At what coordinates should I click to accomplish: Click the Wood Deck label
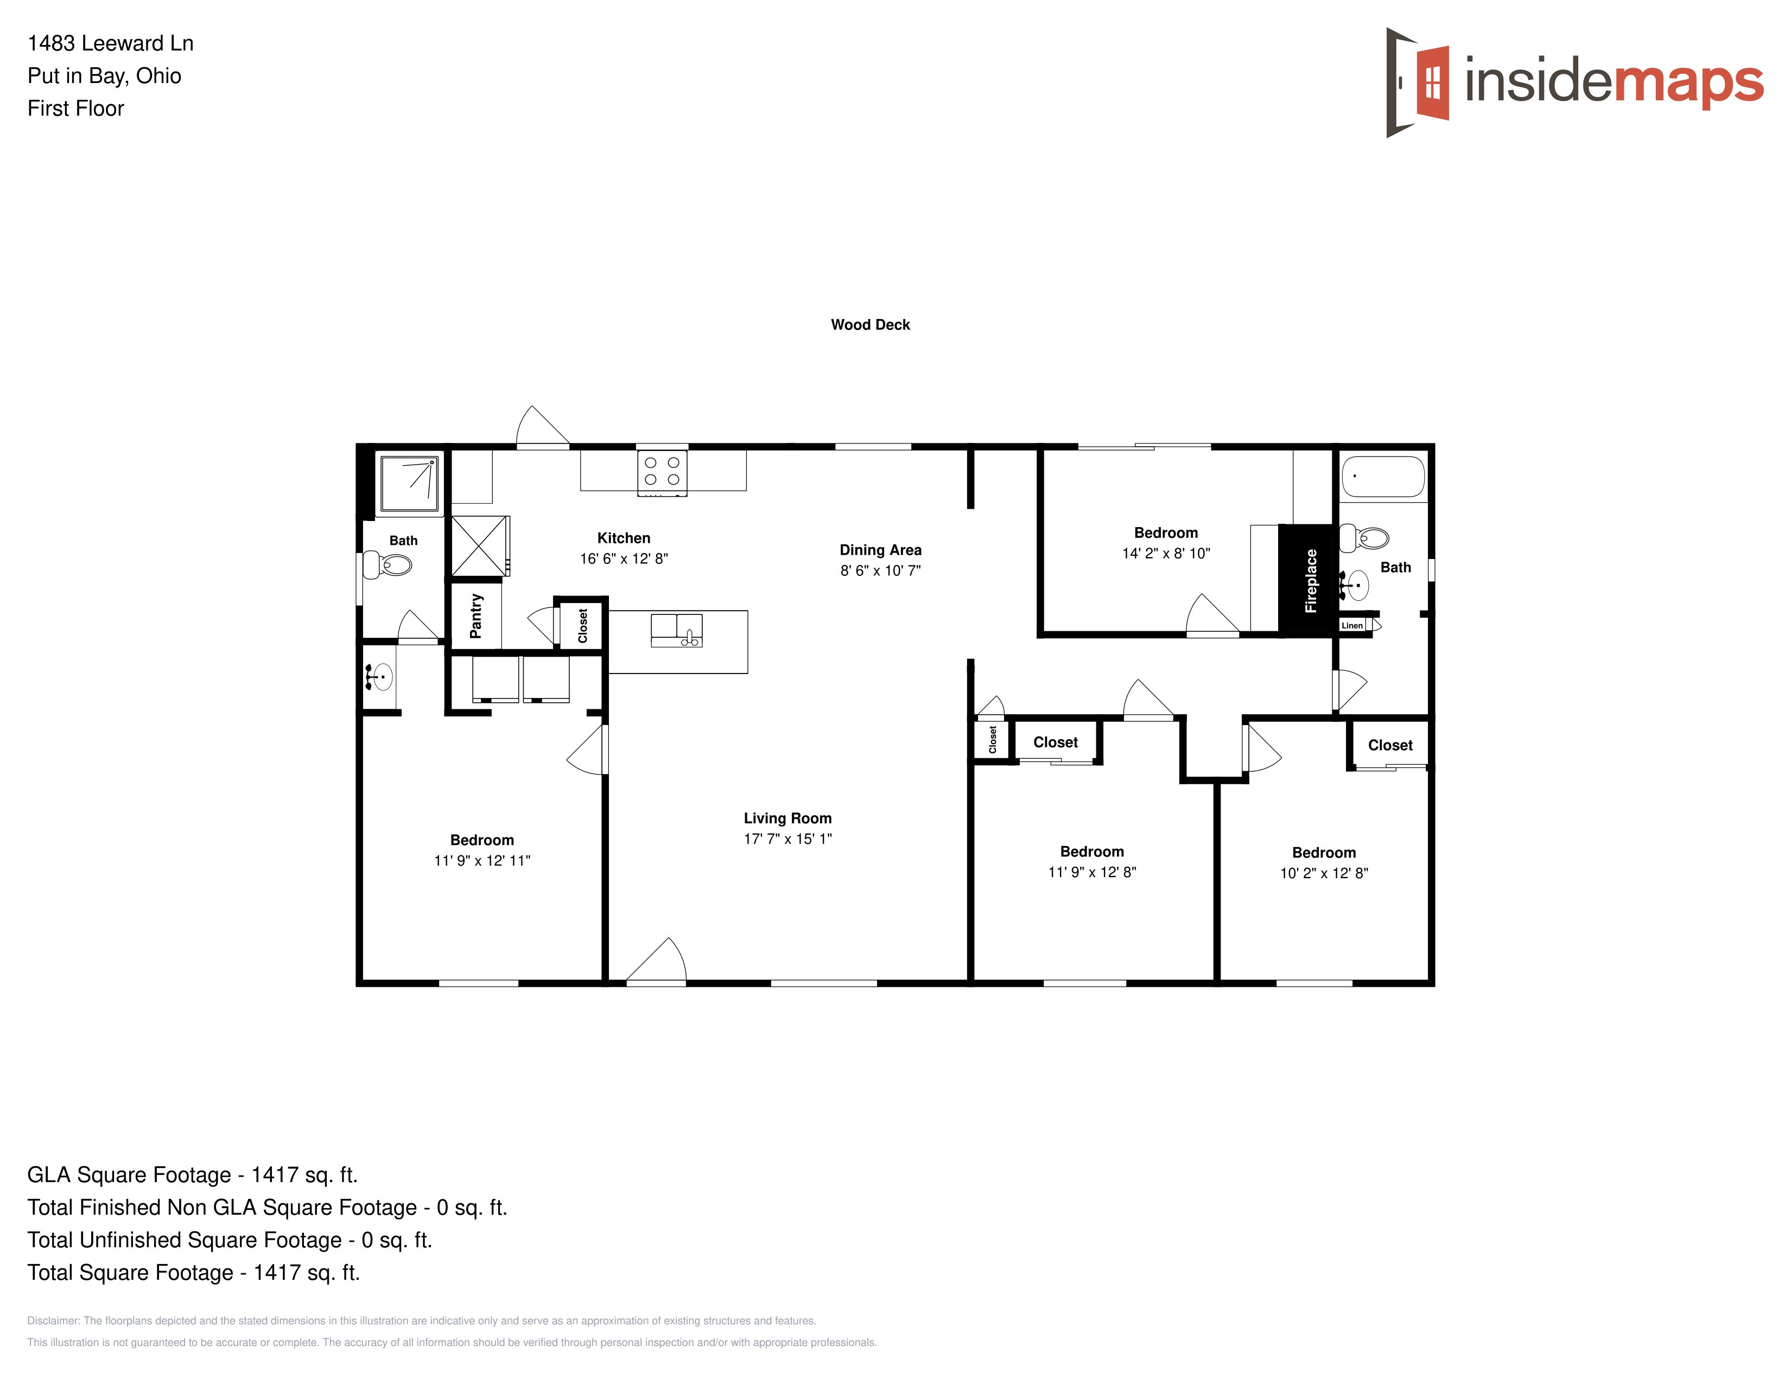pyautogui.click(x=870, y=325)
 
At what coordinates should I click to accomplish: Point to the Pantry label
pyautogui.click(x=475, y=616)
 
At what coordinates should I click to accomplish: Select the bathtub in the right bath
pyautogui.click(x=1383, y=477)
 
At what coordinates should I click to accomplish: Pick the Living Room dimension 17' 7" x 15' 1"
pyautogui.click(x=787, y=839)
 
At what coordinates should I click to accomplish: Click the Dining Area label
pyautogui.click(x=880, y=550)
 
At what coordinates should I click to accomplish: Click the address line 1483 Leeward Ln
pyautogui.click(x=111, y=43)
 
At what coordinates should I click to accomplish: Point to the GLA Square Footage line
pyautogui.click(x=193, y=1175)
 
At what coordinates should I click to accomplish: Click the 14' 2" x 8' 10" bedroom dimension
pyautogui.click(x=1165, y=554)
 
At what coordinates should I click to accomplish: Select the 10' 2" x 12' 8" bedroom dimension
pyautogui.click(x=1324, y=873)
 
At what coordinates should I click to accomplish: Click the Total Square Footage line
pyautogui.click(x=194, y=1273)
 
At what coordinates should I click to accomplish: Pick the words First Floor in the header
pyautogui.click(x=75, y=108)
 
